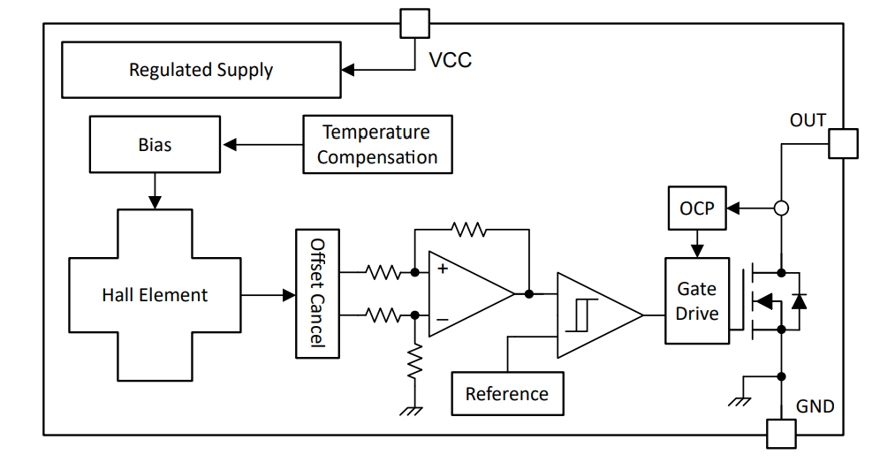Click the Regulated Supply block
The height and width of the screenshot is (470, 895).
(201, 70)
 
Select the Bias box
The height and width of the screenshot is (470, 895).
(155, 144)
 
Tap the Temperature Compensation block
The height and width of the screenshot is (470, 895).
(377, 144)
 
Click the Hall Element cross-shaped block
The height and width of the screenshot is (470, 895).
(155, 295)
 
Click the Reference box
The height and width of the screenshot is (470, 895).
(506, 393)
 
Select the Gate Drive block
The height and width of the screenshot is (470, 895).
(697, 301)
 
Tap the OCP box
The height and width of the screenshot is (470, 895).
(696, 208)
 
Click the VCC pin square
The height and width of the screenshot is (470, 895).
(415, 24)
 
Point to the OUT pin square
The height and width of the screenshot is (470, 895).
(843, 144)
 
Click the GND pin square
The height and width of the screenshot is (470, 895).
(780, 434)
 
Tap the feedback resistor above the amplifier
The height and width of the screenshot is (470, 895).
(468, 230)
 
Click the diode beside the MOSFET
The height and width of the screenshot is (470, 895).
(799, 300)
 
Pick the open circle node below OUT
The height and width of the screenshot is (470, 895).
(781, 208)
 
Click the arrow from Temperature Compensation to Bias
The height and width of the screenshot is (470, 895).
(262, 144)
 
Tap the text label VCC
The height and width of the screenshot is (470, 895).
(451, 61)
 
